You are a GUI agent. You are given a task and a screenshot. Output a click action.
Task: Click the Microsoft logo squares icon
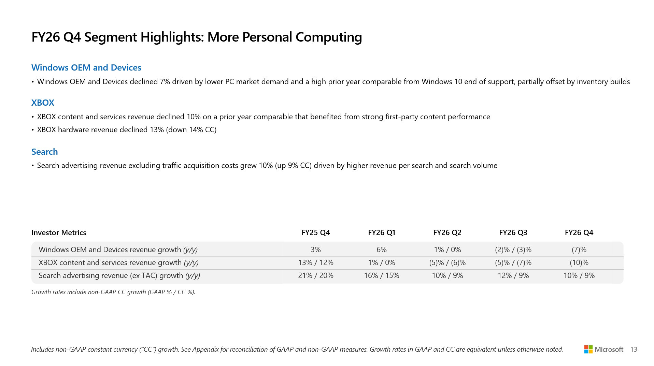(588, 349)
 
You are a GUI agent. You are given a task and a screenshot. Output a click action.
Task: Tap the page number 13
(634, 349)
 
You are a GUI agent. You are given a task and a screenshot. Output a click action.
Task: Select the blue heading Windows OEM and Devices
(86, 67)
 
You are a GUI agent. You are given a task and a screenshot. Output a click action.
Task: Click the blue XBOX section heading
(43, 103)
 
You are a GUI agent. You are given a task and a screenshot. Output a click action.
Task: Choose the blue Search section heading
(45, 152)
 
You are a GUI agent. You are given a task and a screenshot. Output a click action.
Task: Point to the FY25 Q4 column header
(316, 232)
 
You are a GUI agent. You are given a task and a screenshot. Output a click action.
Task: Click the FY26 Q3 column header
(513, 232)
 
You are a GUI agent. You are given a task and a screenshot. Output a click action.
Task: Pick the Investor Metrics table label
(59, 232)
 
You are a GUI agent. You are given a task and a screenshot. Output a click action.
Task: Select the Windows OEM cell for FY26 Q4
(579, 249)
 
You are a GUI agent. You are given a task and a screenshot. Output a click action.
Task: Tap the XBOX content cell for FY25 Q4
(316, 262)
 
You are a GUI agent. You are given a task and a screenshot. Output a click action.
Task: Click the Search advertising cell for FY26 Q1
(382, 275)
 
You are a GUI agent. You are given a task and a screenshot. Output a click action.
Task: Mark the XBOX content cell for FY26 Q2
(447, 262)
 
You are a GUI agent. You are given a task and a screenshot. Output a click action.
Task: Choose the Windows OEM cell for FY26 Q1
(382, 249)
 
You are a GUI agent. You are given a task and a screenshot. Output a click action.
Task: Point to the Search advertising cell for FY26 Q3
(513, 275)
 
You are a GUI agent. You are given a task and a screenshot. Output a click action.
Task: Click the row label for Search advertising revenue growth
(119, 275)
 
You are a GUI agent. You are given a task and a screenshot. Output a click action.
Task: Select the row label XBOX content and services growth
(118, 262)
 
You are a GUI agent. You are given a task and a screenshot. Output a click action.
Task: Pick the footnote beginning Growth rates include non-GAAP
(113, 292)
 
